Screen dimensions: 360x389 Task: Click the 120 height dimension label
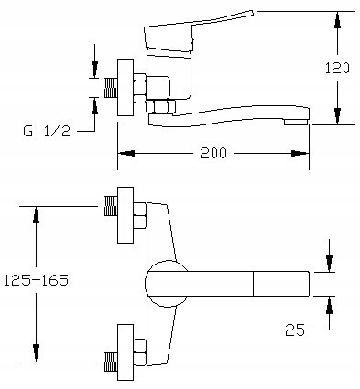click(337, 68)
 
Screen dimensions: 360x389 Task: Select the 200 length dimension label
click(213, 153)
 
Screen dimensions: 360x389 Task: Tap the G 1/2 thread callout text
click(47, 131)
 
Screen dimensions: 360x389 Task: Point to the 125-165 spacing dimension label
click(36, 280)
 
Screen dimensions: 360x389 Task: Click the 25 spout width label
click(295, 330)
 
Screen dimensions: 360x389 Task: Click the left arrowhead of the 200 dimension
click(126, 153)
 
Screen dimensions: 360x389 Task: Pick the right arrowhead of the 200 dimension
click(300, 153)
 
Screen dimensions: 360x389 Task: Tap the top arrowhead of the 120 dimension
click(337, 20)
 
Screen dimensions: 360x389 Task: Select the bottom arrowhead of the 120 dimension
click(337, 116)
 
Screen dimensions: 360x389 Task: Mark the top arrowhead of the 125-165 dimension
click(36, 215)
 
